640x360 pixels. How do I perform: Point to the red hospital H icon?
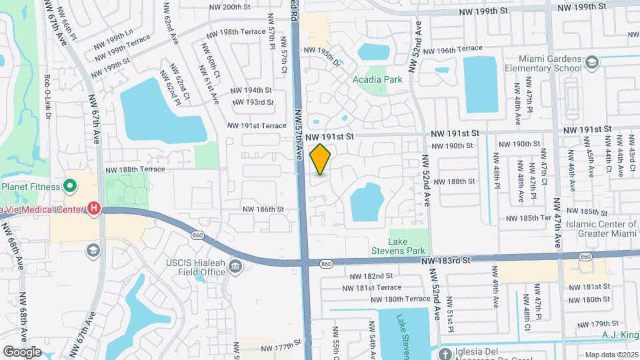[94, 209]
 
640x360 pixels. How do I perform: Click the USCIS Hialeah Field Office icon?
[235, 267]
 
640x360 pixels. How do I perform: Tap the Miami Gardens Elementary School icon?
[590, 63]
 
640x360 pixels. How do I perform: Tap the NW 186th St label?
[263, 209]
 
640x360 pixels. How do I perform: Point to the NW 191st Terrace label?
[257, 125]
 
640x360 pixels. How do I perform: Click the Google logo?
[22, 351]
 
